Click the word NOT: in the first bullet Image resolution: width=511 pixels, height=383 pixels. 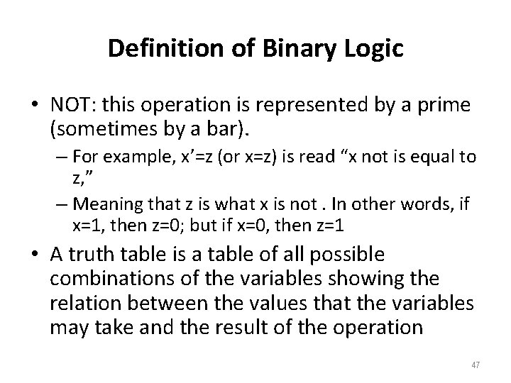[72, 105]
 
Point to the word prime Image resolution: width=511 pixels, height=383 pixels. [447, 105]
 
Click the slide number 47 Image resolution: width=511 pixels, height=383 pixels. [475, 365]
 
